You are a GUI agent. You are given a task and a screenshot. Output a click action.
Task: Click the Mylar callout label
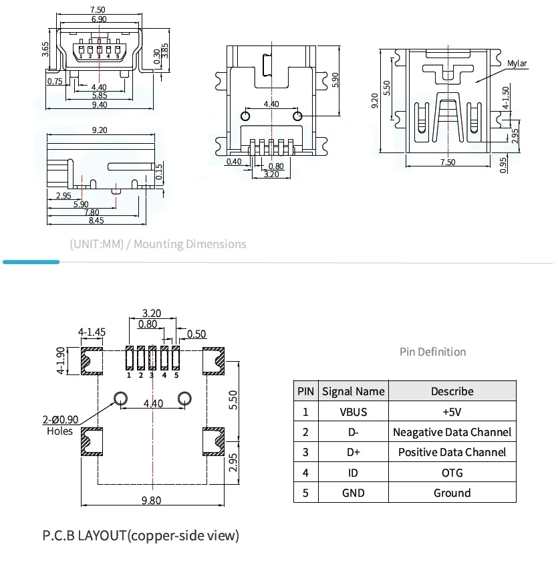(517, 64)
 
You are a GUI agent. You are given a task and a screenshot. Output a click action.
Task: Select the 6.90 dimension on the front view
(98, 19)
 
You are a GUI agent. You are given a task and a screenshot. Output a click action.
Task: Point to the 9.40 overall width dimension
(99, 104)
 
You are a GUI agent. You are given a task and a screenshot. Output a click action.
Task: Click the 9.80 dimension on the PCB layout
(151, 501)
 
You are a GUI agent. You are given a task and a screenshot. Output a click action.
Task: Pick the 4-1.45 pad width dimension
(91, 332)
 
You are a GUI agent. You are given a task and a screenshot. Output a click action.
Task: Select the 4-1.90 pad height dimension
(60, 361)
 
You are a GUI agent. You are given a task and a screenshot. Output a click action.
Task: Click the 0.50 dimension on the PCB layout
(196, 334)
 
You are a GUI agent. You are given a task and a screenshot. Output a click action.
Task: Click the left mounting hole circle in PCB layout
(120, 399)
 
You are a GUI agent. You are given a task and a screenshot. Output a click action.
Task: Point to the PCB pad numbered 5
(176, 359)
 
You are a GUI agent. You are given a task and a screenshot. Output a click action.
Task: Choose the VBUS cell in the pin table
(353, 412)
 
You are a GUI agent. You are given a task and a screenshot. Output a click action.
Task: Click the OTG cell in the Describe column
(452, 473)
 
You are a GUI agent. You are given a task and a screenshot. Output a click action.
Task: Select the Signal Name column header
(353, 391)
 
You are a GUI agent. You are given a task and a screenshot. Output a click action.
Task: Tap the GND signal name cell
(353, 493)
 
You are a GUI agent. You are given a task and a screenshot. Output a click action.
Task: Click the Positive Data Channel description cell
(452, 452)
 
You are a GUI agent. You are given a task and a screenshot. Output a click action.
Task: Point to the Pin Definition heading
(432, 352)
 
